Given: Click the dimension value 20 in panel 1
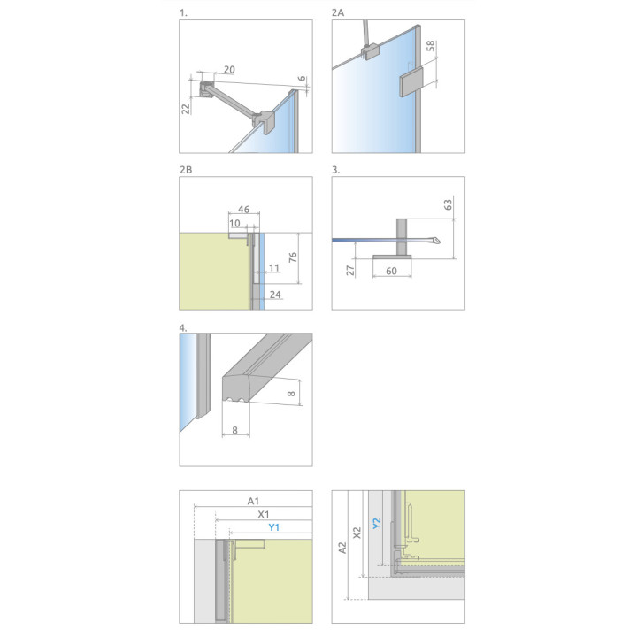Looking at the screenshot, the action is coord(229,70).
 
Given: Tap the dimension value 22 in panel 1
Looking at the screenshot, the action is coord(186,109).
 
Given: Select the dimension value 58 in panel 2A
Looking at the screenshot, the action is coord(431,45).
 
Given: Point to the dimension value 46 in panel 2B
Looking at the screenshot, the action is coord(243,209).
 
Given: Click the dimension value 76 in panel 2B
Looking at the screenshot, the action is coord(293,257).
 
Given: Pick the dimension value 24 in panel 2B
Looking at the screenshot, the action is coord(275,295).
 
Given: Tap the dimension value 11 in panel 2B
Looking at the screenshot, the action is coord(274,268).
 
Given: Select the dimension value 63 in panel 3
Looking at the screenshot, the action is coord(448,204).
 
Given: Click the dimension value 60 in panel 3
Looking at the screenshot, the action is coord(391,271).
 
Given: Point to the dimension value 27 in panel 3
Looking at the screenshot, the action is coord(350,270).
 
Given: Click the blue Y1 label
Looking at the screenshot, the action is coord(273,527).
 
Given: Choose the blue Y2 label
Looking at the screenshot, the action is coord(377,523).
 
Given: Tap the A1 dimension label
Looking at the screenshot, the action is coord(253,501).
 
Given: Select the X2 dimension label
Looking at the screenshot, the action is coord(357,533).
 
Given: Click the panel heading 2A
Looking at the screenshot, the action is coord(338,12).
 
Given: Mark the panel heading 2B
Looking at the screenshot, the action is coord(186,170).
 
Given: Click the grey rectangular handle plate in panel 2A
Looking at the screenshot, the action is coord(411,81).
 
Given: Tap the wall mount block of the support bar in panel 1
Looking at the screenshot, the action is coord(206,89).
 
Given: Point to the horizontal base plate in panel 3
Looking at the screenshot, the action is coord(392,257).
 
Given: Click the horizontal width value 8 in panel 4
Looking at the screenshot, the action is coord(234,430).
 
